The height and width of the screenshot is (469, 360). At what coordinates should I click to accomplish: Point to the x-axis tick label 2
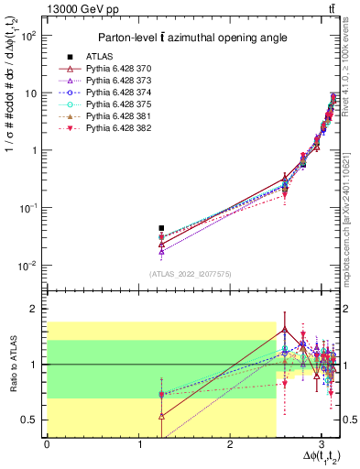230,444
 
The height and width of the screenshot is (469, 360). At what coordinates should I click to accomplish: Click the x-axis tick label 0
47,444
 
